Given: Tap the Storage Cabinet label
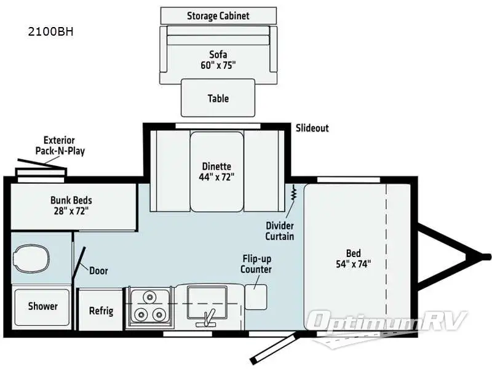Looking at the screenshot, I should (218, 15).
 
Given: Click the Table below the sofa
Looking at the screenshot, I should (218, 98).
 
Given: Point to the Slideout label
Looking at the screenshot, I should (312, 128).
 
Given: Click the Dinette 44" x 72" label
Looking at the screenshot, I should (216, 171).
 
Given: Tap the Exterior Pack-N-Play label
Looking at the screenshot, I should (60, 145).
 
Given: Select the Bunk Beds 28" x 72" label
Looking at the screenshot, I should (70, 205).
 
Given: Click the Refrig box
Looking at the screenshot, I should (101, 311).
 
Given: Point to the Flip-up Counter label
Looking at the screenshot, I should (256, 264).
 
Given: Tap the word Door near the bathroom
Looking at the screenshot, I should (99, 270).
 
